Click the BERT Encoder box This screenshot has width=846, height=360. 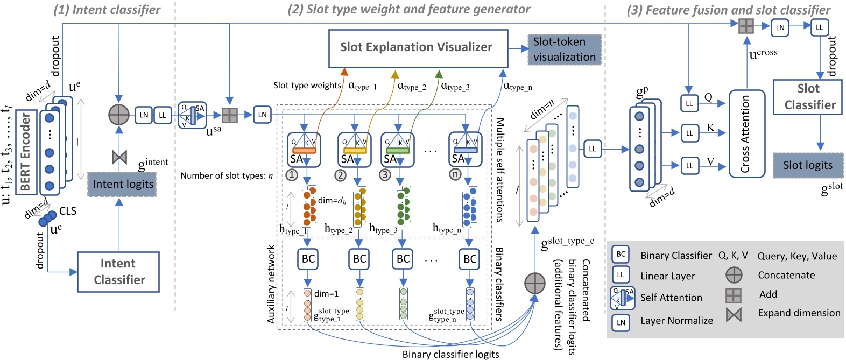pos(26,152)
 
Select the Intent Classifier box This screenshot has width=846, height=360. pos(118,272)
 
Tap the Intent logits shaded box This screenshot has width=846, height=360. pos(122,185)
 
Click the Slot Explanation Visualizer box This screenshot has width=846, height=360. pos(418,47)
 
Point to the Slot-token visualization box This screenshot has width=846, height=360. pos(564,50)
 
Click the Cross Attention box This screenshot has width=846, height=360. pos(746,133)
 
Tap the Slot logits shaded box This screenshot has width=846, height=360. pos(807,165)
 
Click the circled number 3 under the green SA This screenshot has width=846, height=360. pos(385,175)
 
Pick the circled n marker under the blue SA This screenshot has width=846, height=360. pos(455,175)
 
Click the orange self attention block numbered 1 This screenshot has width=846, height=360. pos(304,150)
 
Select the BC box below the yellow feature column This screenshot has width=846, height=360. pos(359,259)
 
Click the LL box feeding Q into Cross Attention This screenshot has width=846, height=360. pos(689,103)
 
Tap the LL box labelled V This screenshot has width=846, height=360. pos(689,166)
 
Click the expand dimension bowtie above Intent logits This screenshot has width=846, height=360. pos(119,157)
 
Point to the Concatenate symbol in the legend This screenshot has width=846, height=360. pos(734,275)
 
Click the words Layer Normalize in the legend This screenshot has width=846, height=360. pos(676,321)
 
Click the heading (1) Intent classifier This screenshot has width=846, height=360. pos(107,10)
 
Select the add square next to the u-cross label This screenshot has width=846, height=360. pos(746,26)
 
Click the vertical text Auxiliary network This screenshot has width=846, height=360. pos(271,284)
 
